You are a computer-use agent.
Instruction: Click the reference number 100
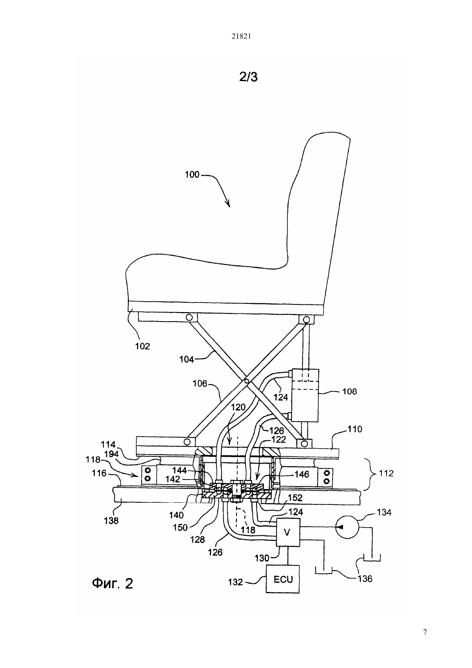(x=192, y=174)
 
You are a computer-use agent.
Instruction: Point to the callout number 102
(x=142, y=346)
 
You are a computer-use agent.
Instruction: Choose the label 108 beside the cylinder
(x=349, y=391)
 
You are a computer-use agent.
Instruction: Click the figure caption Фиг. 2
(x=112, y=583)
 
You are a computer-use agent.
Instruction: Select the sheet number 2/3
(x=248, y=77)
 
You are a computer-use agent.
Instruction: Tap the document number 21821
(x=241, y=36)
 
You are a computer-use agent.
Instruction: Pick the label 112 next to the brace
(x=386, y=473)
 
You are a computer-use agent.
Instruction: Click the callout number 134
(x=384, y=512)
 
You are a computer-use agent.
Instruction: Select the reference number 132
(x=236, y=582)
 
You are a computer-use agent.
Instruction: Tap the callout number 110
(x=354, y=429)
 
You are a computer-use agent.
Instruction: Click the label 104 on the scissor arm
(x=187, y=360)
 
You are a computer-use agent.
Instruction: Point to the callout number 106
(x=200, y=383)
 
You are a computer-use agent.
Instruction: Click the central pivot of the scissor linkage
(x=246, y=381)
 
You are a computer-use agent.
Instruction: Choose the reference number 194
(x=111, y=454)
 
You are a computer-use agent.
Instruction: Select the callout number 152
(x=295, y=498)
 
